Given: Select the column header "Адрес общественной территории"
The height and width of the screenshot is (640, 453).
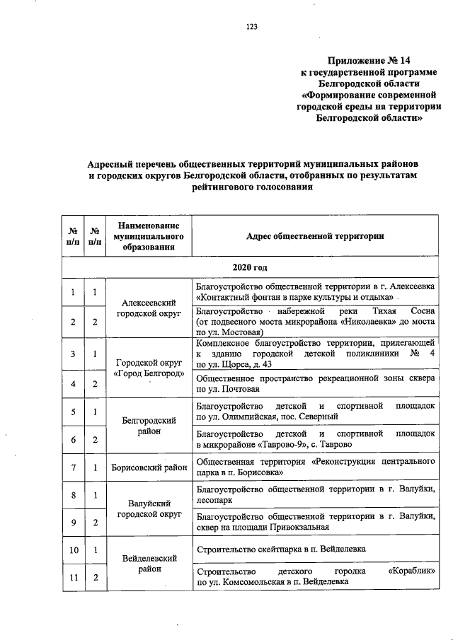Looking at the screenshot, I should click(315, 235).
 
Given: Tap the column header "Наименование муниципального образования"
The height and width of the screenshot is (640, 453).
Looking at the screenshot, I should click(148, 235).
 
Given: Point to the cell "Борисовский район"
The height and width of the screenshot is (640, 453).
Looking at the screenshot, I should click(148, 467).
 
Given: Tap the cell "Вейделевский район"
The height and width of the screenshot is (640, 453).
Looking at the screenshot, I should click(148, 563).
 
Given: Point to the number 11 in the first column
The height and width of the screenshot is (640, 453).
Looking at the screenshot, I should click(73, 577).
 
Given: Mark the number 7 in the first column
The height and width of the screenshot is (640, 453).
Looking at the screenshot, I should click(73, 467).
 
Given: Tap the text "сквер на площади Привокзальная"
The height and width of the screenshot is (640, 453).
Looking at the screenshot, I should click(262, 527).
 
